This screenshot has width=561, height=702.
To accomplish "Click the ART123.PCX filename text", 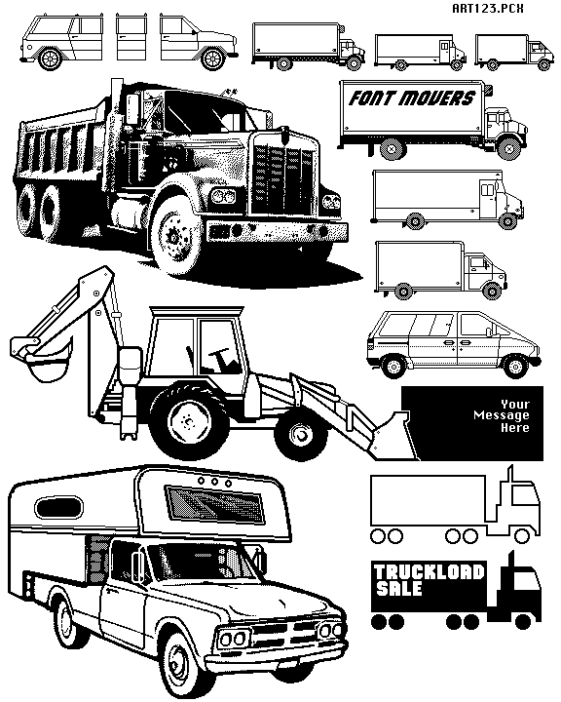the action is [x=488, y=8].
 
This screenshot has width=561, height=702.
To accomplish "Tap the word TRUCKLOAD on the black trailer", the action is [x=430, y=572].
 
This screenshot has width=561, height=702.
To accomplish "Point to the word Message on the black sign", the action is [x=501, y=415].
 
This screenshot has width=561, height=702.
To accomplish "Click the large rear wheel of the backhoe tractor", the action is [x=188, y=419].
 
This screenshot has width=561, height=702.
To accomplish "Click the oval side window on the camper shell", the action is [x=59, y=508].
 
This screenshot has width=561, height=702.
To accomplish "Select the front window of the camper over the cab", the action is [x=214, y=505].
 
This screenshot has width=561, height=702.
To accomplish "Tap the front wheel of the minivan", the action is [x=515, y=367].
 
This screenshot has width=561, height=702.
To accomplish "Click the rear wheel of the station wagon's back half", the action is [x=49, y=58].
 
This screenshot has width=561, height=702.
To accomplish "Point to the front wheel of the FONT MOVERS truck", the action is [x=507, y=147].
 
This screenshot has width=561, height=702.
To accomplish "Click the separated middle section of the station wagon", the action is [x=132, y=38].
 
